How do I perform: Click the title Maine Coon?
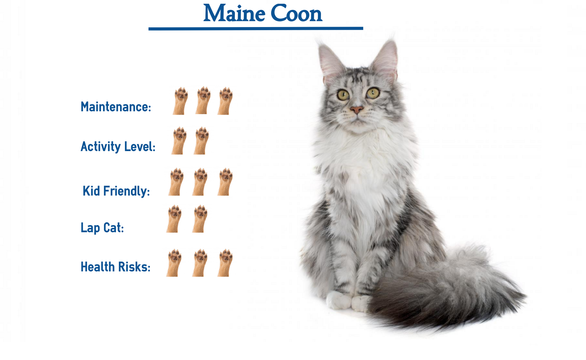click(263, 13)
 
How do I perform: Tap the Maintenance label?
click(116, 107)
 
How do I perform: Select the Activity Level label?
click(118, 147)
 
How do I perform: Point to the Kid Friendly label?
click(116, 191)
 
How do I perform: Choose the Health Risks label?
click(115, 267)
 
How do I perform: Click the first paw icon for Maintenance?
click(180, 101)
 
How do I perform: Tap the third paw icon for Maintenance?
click(225, 101)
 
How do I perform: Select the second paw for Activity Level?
click(201, 141)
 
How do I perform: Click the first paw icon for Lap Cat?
click(174, 219)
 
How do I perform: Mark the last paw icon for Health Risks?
click(225, 263)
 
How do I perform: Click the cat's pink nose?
click(356, 109)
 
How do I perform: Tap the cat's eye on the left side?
click(343, 95)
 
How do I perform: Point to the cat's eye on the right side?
click(373, 93)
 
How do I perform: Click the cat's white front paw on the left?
click(338, 300)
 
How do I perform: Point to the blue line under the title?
click(256, 29)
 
